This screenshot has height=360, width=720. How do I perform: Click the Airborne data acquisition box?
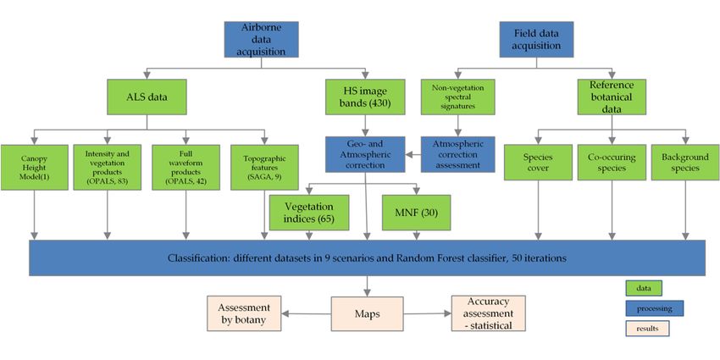click(x=261, y=40)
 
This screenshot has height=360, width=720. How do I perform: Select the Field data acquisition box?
click(x=537, y=40)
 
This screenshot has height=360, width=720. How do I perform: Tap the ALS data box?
click(x=147, y=97)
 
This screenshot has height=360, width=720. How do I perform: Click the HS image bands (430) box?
click(x=366, y=97)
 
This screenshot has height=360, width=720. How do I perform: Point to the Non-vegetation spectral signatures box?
click(x=457, y=97)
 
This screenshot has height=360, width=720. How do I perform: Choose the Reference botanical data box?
click(x=612, y=97)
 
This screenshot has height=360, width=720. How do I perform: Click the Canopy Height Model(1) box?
click(x=35, y=168)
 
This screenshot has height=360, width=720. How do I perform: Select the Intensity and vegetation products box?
click(x=107, y=168)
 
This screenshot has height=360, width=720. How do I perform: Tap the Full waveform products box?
click(x=186, y=168)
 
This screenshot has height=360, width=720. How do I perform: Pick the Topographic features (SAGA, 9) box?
click(x=264, y=168)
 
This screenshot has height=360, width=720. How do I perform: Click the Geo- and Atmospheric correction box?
click(x=366, y=154)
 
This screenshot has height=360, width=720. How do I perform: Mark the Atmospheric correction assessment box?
click(x=457, y=154)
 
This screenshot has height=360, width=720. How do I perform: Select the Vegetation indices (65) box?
click(x=309, y=213)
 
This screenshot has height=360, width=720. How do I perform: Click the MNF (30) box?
click(x=417, y=213)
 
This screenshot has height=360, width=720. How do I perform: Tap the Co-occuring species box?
click(x=612, y=163)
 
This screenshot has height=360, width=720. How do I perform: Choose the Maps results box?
click(x=368, y=313)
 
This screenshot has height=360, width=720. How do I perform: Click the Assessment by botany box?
click(x=244, y=313)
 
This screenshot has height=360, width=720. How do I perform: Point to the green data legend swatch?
click(x=644, y=288)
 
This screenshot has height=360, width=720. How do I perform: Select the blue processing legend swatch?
click(x=654, y=308)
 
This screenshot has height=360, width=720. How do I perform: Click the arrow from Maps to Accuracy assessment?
click(x=428, y=313)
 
